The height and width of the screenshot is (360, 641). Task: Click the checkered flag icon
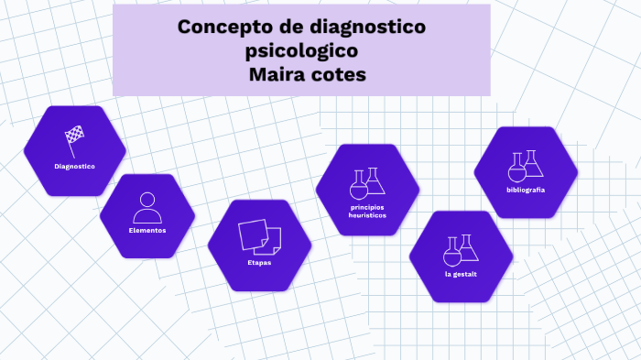[x=75, y=137]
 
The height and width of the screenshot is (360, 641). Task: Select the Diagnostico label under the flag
[x=75, y=166]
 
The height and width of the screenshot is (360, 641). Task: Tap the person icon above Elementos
[x=147, y=207]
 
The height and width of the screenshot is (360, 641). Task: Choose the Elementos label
[x=147, y=230]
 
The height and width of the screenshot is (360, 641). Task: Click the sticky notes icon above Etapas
[x=258, y=236]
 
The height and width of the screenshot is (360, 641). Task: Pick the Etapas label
[x=259, y=263]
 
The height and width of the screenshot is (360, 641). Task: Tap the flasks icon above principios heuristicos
[x=367, y=182]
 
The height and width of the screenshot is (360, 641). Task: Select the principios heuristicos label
[x=367, y=211]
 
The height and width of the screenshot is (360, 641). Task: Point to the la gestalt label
[x=461, y=274]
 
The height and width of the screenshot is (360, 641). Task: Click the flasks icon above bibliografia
[x=526, y=166]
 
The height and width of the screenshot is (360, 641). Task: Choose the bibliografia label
[x=526, y=190]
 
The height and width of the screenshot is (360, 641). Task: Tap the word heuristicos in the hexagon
[x=367, y=215]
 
